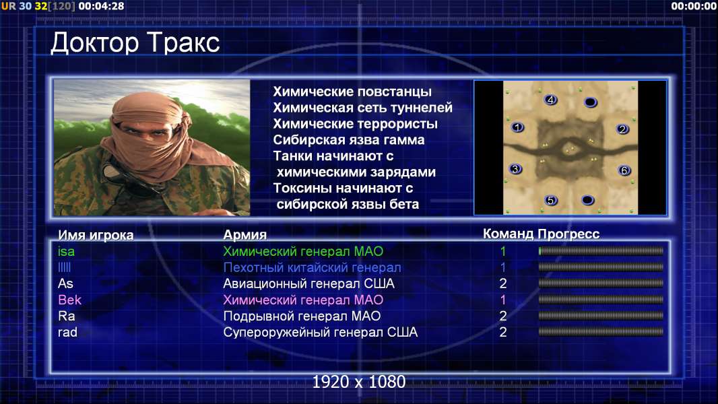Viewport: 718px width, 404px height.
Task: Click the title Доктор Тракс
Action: click(135, 44)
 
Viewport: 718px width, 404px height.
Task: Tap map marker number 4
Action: click(550, 100)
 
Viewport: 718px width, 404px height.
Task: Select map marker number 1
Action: click(517, 127)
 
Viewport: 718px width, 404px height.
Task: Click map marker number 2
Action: click(622, 129)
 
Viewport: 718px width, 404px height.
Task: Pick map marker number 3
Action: click(516, 169)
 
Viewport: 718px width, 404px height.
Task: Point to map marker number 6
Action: click(624, 170)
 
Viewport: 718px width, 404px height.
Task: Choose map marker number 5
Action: click(551, 200)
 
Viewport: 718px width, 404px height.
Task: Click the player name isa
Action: click(67, 251)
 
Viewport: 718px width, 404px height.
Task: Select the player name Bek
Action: click(69, 300)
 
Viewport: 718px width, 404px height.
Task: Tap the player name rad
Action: click(67, 332)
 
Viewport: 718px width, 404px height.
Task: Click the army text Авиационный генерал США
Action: click(308, 283)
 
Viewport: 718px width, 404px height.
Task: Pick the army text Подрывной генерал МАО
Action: click(302, 316)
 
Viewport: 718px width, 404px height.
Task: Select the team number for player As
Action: click(502, 283)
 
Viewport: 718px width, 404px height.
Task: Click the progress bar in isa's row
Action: click(601, 250)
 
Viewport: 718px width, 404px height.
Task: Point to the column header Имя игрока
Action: click(96, 235)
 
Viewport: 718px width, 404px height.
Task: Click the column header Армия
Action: click(245, 235)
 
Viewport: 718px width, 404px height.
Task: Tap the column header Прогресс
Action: click(568, 234)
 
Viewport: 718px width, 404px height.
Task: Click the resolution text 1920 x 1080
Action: click(359, 382)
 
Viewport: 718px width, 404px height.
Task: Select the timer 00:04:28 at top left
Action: click(101, 7)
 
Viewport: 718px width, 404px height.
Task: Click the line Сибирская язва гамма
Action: click(349, 140)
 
